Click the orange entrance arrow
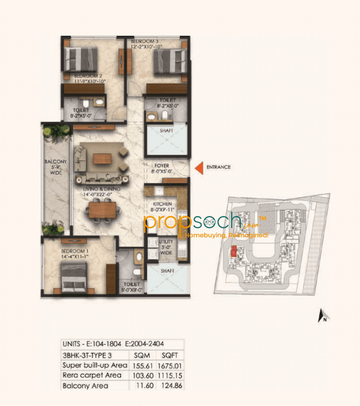click(x=199, y=167)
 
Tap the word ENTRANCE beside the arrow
click(x=219, y=167)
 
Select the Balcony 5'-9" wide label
click(x=55, y=168)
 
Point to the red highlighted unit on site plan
click(x=229, y=249)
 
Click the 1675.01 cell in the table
click(x=169, y=365)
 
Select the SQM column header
click(x=139, y=355)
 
